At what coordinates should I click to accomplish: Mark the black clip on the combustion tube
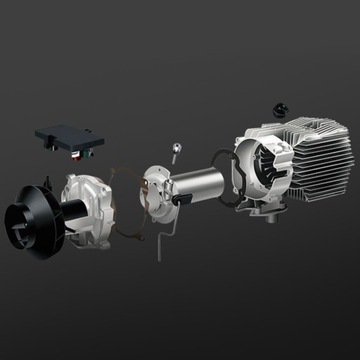pyautogui.click(x=183, y=199)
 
